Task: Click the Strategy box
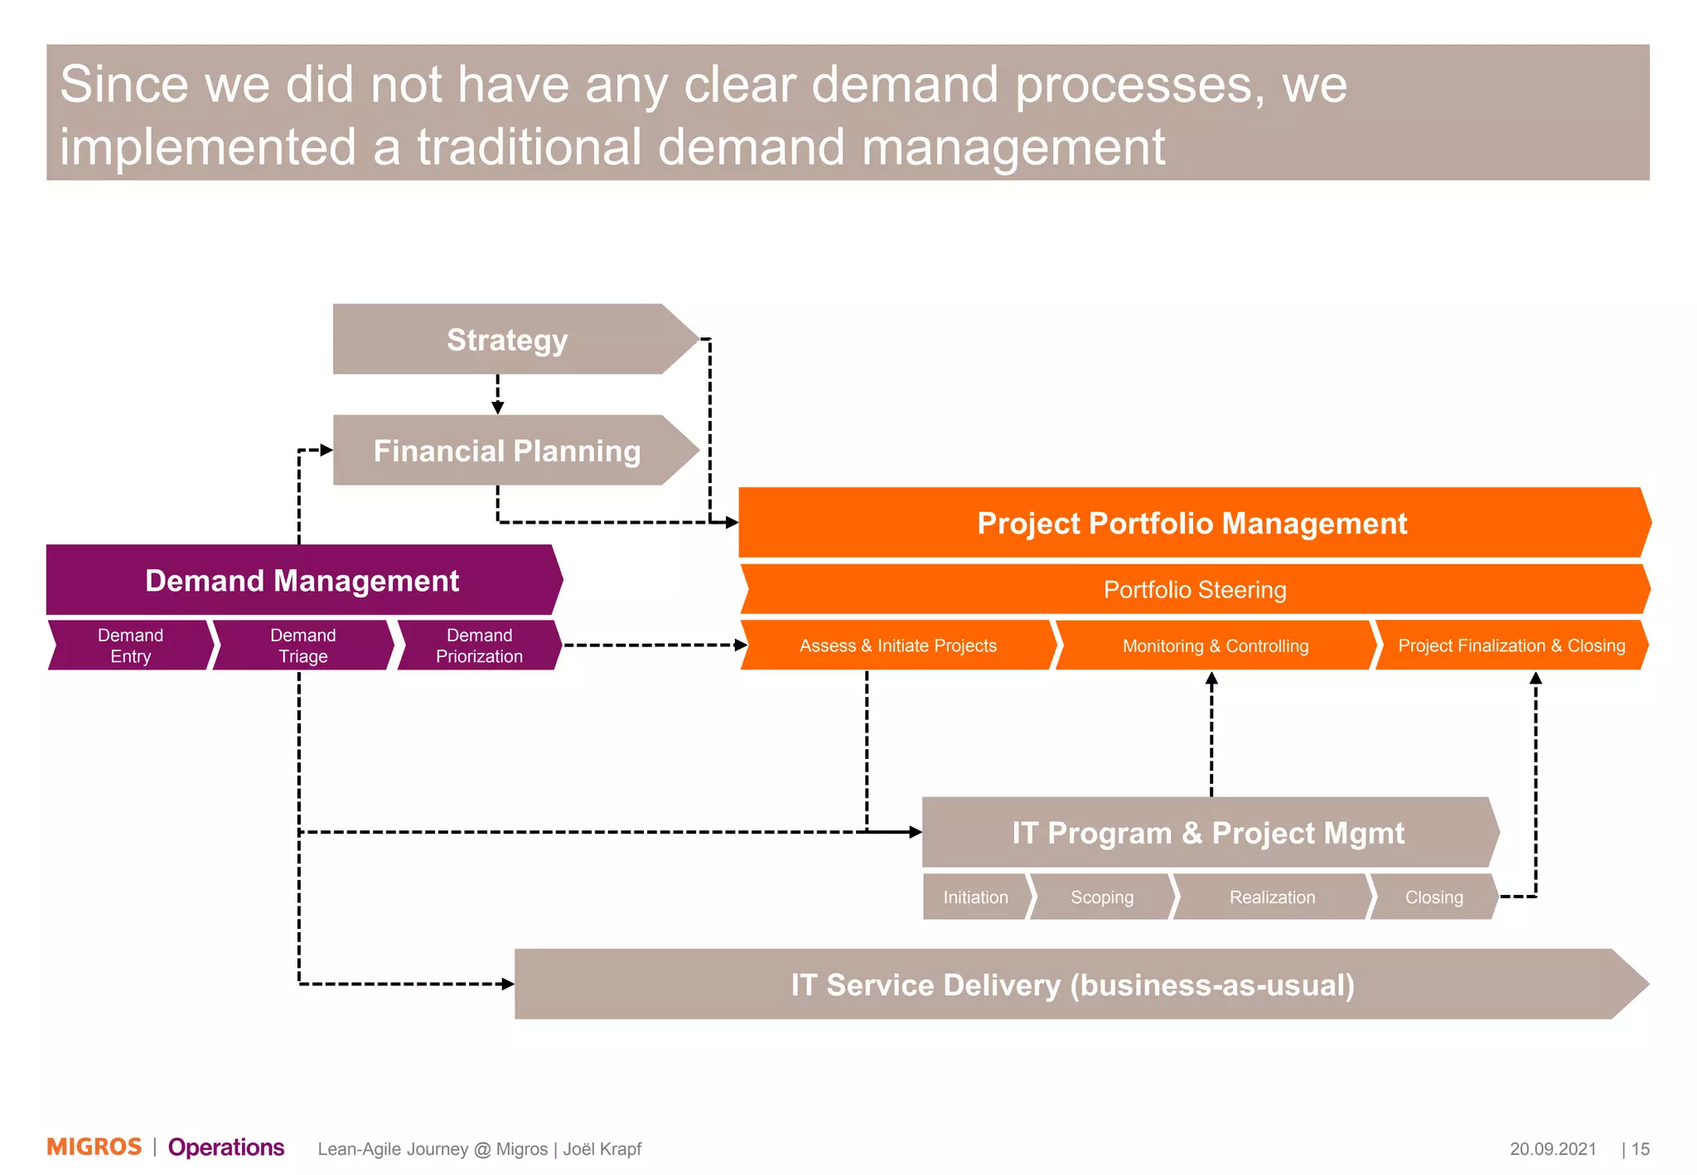[x=507, y=340]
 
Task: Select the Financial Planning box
[x=507, y=451]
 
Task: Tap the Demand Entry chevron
[x=130, y=646]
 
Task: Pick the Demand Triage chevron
[x=302, y=646]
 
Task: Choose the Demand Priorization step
[x=479, y=646]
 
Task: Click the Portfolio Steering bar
[x=1194, y=590]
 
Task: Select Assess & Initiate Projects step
[x=897, y=646]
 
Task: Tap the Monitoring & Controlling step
[x=1215, y=646]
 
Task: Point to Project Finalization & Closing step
[x=1511, y=646]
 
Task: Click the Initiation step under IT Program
[x=975, y=897]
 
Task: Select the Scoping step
[x=1101, y=897]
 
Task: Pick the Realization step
[x=1272, y=897]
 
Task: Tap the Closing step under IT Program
[x=1434, y=897]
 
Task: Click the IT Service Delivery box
[x=1072, y=985]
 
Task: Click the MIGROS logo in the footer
[x=94, y=1147]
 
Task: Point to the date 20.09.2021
[x=1552, y=1149]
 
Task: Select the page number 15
[x=1641, y=1149]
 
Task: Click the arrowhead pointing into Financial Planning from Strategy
[x=498, y=408]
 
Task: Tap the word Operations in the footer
[x=226, y=1148]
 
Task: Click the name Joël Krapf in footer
[x=602, y=1149]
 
